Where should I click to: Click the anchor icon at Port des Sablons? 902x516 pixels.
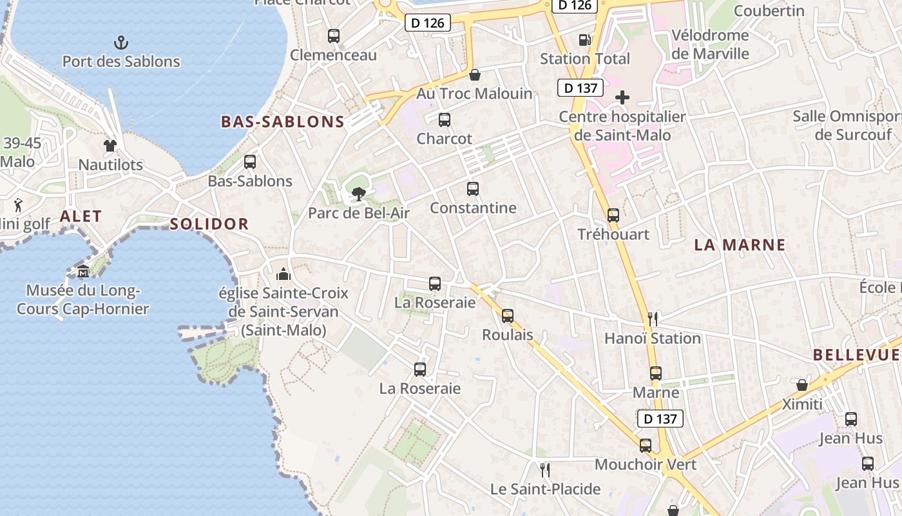click(x=121, y=43)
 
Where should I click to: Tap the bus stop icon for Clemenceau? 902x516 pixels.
click(x=333, y=36)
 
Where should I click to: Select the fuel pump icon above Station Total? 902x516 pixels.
click(x=584, y=39)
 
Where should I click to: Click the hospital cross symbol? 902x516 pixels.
click(x=622, y=98)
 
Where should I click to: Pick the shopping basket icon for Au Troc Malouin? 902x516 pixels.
click(x=475, y=75)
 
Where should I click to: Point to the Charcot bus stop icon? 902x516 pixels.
click(x=445, y=119)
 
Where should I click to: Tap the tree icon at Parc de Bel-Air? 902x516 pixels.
click(x=358, y=193)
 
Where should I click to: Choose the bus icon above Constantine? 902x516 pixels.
click(x=473, y=189)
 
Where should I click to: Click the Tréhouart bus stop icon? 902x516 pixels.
click(x=613, y=215)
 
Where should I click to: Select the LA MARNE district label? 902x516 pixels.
click(x=740, y=245)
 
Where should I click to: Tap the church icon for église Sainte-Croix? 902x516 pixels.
click(x=283, y=274)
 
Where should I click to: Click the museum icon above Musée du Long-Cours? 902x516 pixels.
click(x=83, y=272)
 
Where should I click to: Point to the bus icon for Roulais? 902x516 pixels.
click(x=508, y=316)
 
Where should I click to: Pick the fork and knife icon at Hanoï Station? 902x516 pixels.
click(x=653, y=319)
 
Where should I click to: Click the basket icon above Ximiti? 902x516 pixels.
click(x=802, y=385)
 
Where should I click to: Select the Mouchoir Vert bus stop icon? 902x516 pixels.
click(x=646, y=445)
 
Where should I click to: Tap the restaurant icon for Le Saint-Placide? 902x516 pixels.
click(x=545, y=470)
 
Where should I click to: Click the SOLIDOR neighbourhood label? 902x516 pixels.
click(x=209, y=224)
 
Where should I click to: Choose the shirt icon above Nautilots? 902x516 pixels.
click(x=110, y=146)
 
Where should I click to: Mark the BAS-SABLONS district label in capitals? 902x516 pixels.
click(x=283, y=122)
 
